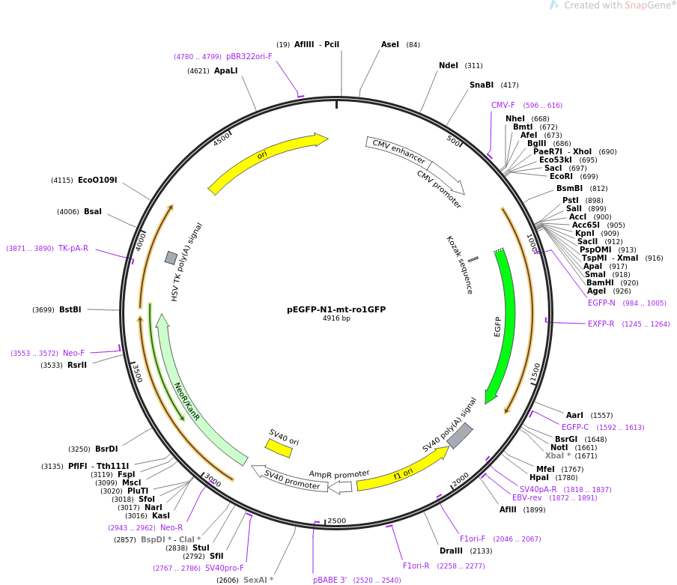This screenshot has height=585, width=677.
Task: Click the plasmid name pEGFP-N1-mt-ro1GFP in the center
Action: pos(336,309)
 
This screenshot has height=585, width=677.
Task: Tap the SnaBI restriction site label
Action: pos(482,85)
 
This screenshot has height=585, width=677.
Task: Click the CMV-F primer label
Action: pos(503,106)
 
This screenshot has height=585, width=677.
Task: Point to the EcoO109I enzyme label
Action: pos(97,180)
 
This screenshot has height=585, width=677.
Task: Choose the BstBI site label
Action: pos(70,309)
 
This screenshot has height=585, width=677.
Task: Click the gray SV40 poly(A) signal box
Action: pos(459,435)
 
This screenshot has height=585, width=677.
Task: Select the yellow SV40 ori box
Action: pos(279,448)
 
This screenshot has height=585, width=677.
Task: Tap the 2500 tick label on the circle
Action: pos(337,521)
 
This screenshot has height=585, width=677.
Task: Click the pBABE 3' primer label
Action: pos(330,581)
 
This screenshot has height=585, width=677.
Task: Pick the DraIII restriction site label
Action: pos(451,551)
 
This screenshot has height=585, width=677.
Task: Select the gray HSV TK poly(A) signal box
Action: pos(171,258)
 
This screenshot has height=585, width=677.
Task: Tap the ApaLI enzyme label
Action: pos(226,71)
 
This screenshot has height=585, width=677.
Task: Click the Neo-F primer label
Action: pos(74,353)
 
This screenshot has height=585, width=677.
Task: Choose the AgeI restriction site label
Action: pos(596,291)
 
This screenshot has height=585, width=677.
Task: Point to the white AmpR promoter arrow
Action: pos(341,487)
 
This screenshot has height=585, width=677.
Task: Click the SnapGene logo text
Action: pos(617,5)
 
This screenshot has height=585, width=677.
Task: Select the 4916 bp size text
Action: pos(336,318)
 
